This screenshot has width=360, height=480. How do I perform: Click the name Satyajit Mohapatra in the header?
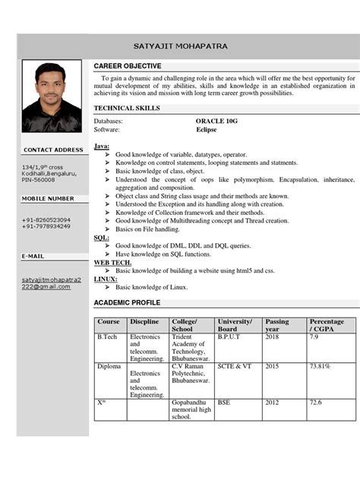pos(180,46)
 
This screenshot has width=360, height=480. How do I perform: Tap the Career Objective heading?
pos(127,66)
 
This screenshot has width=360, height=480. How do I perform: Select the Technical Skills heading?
pos(128,109)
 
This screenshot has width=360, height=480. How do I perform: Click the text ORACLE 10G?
pos(217,121)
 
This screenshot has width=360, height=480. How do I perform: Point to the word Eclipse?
pos(207,130)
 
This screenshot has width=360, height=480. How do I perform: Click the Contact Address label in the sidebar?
pos(53,150)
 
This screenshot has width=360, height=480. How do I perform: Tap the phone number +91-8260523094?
pos(46,219)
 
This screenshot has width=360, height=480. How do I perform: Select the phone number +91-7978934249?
pos(46,226)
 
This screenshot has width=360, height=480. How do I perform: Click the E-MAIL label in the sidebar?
pos(33,257)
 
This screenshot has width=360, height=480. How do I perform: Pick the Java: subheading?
pos(102,145)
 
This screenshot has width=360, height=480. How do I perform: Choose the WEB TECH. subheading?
pos(112,262)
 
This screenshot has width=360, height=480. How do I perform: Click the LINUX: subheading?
pos(106,279)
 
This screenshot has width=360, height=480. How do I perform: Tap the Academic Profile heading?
pos(128,303)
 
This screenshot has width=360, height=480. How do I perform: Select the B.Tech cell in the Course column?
pos(107,336)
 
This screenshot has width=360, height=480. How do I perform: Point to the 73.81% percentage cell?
pos(319,365)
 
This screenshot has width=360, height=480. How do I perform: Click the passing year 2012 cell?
pos(273,402)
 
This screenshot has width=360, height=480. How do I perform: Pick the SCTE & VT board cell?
pos(235,365)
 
